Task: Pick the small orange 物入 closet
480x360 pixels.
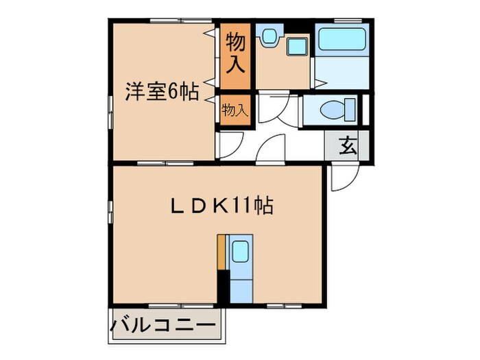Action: click(235, 110)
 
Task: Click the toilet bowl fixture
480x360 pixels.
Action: click(331, 110)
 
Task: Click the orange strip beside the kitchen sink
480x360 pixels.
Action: click(220, 253)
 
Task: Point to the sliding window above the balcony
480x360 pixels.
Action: click(165, 304)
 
